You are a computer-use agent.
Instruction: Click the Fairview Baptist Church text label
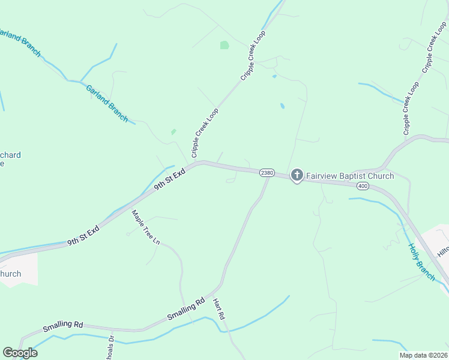coord(350,176)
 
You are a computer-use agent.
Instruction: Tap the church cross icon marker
coord(297,175)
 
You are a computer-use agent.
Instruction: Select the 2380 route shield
coord(267,173)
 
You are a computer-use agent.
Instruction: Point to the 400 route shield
coord(363,187)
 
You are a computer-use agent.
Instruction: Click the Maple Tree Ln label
coord(146,227)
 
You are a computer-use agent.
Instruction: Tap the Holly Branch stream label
coord(421,262)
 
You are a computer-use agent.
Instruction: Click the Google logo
coord(20,353)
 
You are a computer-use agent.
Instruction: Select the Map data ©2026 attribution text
coord(423,355)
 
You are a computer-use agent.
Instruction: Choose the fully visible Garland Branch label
coord(107,103)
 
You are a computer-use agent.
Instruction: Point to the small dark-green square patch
coord(224,45)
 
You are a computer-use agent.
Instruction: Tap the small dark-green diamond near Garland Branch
coord(173,131)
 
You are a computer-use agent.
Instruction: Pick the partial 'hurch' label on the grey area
coord(10,274)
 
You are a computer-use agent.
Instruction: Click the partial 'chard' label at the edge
coord(10,155)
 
